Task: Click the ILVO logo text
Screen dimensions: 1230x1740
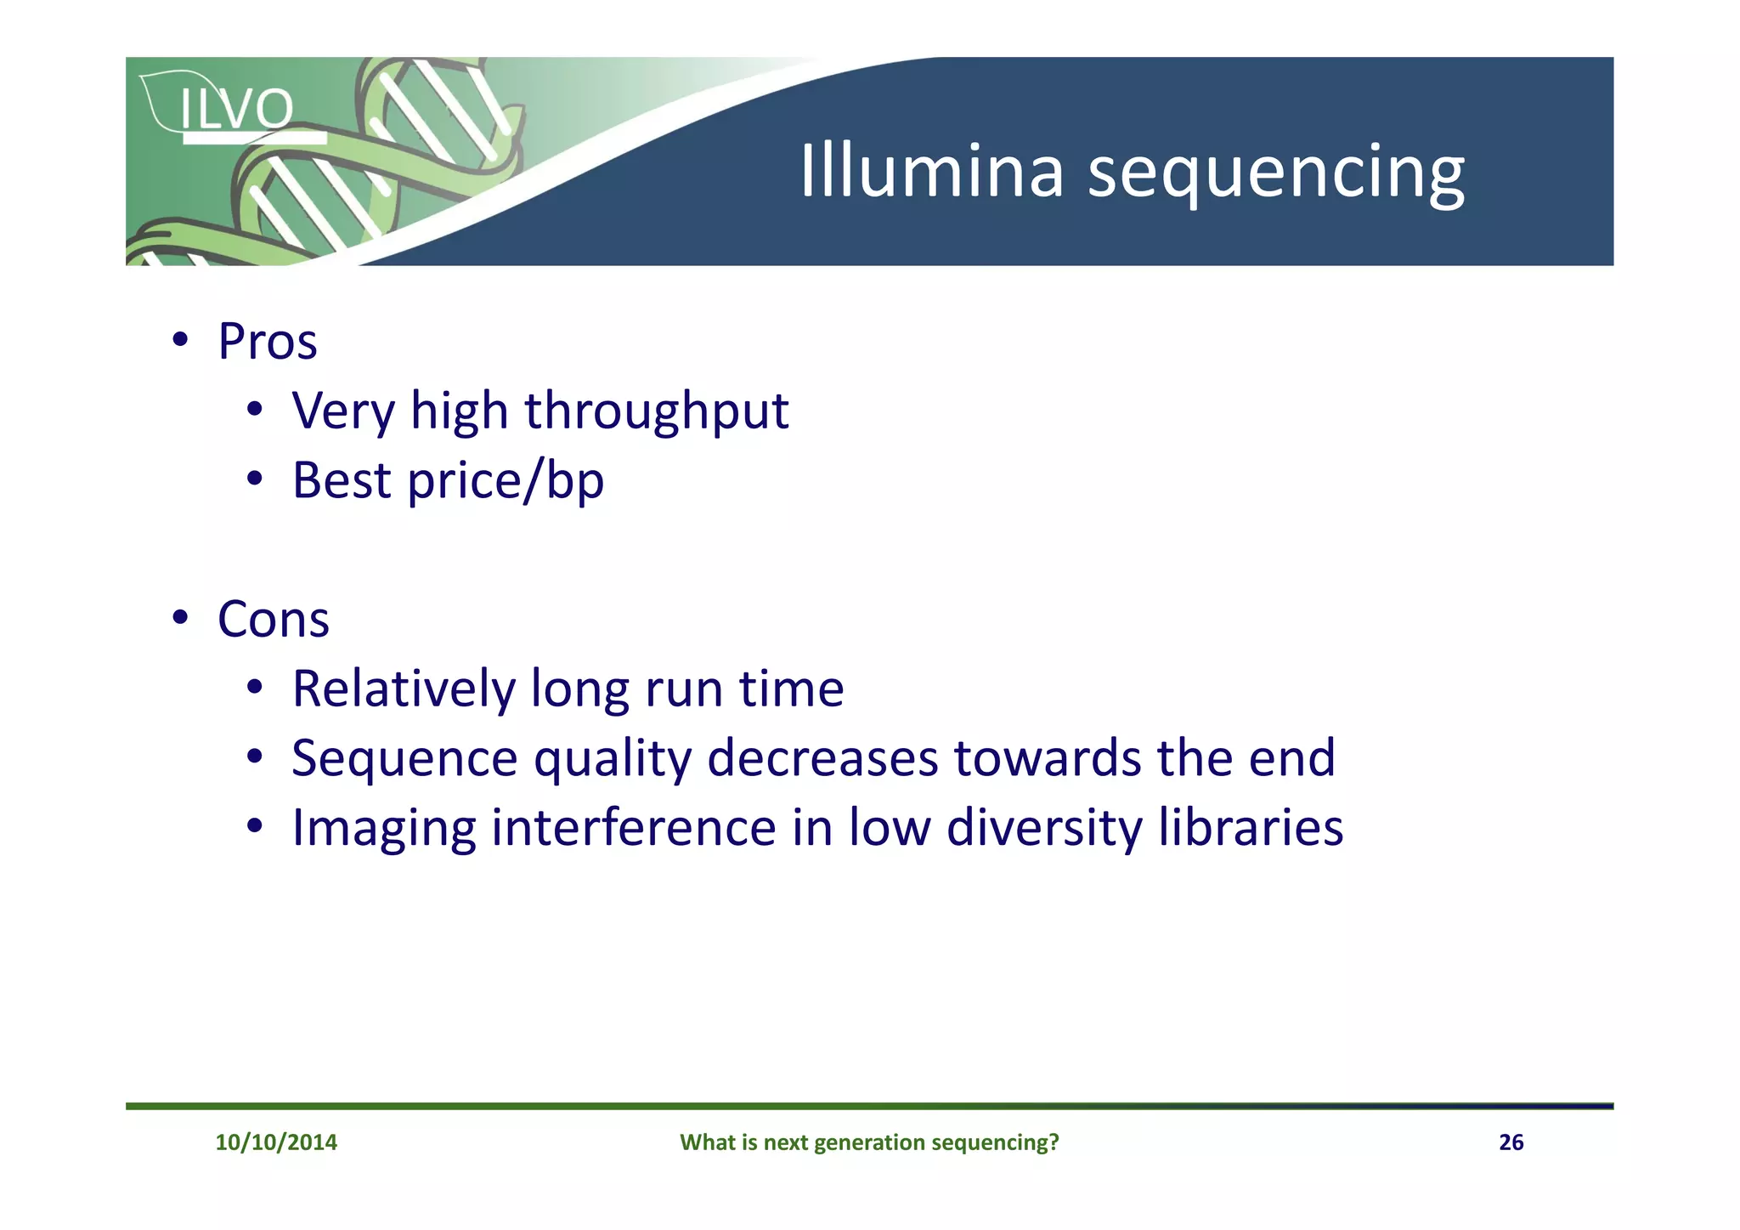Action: (x=236, y=110)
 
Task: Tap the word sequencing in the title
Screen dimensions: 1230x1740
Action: (x=1276, y=173)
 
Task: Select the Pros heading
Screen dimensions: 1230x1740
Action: (x=268, y=342)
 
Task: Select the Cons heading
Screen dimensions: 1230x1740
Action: (x=273, y=619)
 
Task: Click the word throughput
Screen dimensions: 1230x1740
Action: (x=657, y=412)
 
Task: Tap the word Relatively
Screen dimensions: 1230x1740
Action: (x=403, y=689)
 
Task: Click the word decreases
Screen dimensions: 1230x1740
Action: (x=822, y=757)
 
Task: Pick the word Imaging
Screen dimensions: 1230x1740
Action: (x=384, y=829)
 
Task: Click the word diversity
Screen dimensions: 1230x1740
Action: (x=1044, y=829)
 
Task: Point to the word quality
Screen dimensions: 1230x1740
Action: (x=613, y=759)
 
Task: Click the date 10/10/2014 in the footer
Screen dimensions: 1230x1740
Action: (x=276, y=1142)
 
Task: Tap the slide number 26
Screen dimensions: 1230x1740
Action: (x=1511, y=1142)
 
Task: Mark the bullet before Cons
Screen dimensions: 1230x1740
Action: (x=179, y=618)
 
